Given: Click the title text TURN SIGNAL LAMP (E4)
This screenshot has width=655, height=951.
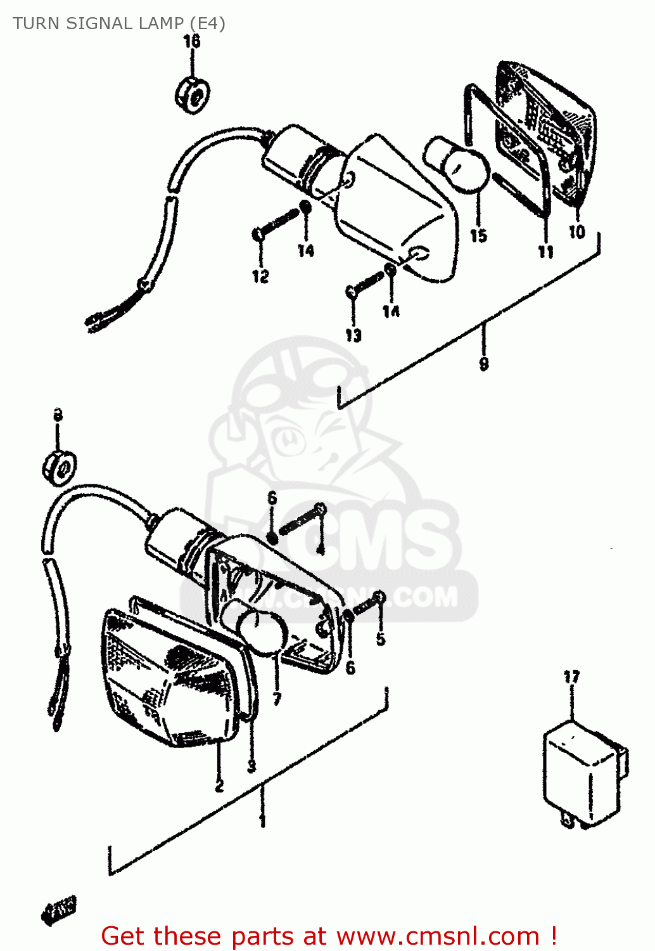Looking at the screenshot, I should [x=119, y=23].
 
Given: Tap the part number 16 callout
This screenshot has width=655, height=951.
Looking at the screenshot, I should [x=191, y=42].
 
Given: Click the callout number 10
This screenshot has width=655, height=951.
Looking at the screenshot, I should [x=576, y=232].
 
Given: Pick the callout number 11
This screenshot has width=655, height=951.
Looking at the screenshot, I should [x=545, y=252].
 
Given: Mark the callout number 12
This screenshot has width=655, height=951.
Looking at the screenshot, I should [x=260, y=276].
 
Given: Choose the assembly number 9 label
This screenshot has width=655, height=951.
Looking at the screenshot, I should [x=484, y=363].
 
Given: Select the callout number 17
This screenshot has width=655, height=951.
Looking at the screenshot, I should [x=571, y=677].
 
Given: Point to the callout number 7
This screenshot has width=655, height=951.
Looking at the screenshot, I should [x=277, y=699].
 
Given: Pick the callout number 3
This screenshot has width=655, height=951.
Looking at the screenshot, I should [x=251, y=767].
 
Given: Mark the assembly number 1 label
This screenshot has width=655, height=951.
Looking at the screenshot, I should [x=262, y=822].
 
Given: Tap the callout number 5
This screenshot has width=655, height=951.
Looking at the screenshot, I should [x=380, y=638].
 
